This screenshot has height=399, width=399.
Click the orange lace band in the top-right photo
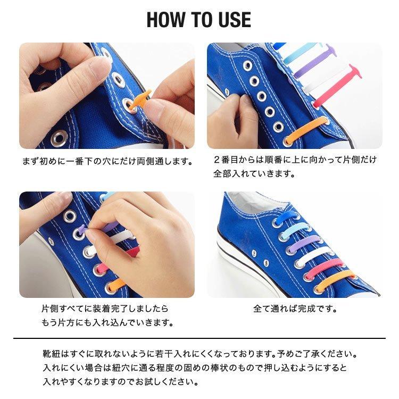coord(306,130)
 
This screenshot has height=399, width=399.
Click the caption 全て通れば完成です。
coord(295,309)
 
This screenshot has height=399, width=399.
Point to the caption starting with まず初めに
coord(107,161)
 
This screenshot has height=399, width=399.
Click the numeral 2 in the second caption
coord(217,160)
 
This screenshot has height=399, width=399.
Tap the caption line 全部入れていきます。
coord(254,174)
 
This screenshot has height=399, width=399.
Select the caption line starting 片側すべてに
coord(105,309)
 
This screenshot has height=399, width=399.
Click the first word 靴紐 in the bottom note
coord(52,354)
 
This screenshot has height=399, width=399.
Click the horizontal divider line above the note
coord(199,338)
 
